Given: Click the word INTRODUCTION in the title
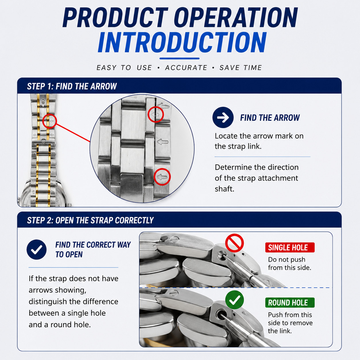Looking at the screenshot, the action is click(x=182, y=42).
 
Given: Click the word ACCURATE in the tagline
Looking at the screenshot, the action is click(x=186, y=68).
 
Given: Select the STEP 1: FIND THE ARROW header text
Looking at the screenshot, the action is click(x=72, y=86).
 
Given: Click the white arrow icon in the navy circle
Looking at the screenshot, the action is click(x=223, y=117).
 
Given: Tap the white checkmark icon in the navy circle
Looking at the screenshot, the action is click(x=37, y=249).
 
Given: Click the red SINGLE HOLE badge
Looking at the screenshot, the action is click(x=290, y=247).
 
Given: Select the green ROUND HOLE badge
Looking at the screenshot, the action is click(x=290, y=303).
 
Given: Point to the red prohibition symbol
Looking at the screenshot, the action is click(x=235, y=243).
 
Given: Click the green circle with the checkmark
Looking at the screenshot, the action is click(x=235, y=300).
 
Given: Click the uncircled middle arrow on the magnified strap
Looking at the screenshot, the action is click(x=162, y=142).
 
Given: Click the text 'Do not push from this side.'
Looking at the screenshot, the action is click(x=290, y=264).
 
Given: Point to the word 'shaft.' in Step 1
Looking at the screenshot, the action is click(x=224, y=189).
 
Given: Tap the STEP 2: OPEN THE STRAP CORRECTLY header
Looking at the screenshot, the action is click(x=90, y=220).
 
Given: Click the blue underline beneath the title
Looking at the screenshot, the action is click(x=179, y=59).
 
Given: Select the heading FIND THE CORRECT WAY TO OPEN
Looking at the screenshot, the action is click(x=93, y=249).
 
